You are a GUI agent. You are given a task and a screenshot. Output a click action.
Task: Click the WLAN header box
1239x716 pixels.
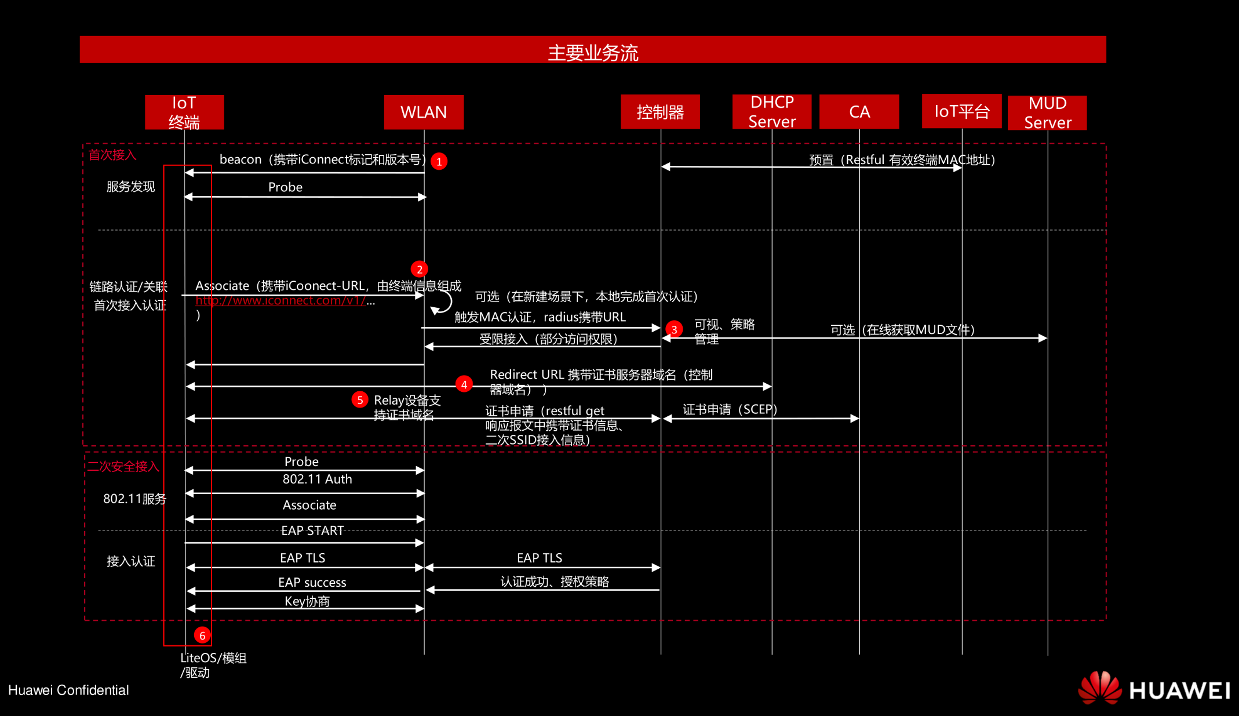[x=424, y=112]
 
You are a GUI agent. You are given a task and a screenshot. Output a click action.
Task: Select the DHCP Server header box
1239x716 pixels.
[x=771, y=111]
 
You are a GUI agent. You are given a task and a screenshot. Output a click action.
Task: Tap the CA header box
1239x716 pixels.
[x=859, y=111]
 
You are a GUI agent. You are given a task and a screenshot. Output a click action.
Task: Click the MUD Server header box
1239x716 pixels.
[x=1047, y=112]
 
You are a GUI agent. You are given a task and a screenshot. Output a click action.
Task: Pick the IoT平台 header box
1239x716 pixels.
[x=961, y=111]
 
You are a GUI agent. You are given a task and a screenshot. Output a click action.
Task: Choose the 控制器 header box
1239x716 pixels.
[x=660, y=111]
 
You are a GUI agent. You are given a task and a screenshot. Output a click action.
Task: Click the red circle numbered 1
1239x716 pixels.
[x=439, y=161]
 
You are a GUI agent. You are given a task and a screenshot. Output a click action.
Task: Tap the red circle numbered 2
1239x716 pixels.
[x=419, y=269]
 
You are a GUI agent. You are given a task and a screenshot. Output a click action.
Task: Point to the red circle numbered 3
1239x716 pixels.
[x=674, y=329]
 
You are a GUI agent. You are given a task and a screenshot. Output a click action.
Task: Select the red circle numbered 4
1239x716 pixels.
[x=464, y=384]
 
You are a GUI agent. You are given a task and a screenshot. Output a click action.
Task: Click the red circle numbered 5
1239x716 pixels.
[x=360, y=399]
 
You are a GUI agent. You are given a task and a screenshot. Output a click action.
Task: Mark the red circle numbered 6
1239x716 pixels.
[x=202, y=635]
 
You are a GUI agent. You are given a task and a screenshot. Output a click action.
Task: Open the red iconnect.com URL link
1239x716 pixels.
[x=281, y=300]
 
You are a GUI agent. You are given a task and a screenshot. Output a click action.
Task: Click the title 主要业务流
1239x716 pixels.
[x=593, y=53]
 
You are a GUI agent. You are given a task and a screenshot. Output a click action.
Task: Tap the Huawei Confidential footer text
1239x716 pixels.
[x=68, y=690]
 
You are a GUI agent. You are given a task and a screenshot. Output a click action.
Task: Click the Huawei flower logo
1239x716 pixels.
[x=1099, y=688]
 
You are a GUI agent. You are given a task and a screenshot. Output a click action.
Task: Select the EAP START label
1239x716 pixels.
[x=312, y=530]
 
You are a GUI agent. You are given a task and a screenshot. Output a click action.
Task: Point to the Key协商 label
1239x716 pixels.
[x=307, y=601]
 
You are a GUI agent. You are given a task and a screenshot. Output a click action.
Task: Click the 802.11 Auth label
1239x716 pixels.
[x=317, y=479]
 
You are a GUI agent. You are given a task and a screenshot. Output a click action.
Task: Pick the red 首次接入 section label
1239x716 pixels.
[x=112, y=155]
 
